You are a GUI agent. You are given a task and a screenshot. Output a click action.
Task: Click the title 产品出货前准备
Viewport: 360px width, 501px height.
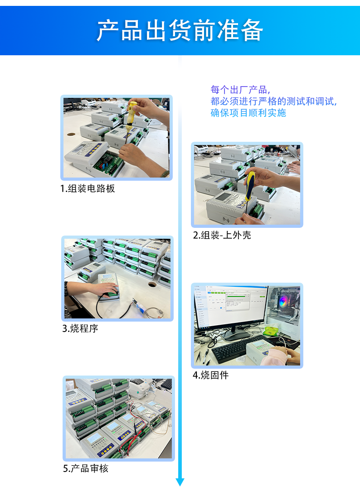point(180,31)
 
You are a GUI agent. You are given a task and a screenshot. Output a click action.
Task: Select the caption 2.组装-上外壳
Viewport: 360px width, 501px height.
point(222,235)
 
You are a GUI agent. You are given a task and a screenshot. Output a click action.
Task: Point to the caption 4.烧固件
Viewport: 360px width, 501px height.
point(211,376)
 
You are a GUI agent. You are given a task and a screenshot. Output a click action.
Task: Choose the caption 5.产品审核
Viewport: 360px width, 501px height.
point(86,469)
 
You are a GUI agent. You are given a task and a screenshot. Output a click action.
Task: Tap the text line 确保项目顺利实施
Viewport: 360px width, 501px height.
point(248,113)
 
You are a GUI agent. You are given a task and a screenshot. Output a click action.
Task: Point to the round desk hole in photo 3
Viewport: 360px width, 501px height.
point(152,284)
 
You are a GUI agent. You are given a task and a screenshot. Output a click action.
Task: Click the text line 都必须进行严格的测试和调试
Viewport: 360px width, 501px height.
point(274,101)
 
